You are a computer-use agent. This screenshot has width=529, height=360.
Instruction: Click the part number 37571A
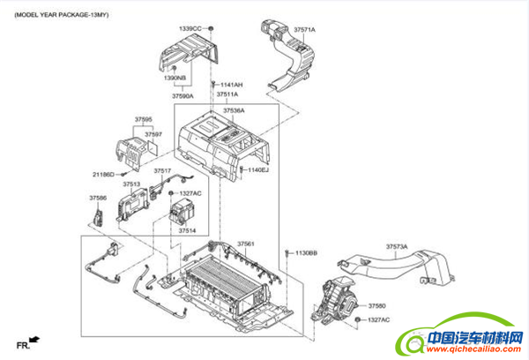tap(304, 31)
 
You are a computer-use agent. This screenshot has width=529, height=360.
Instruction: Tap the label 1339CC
tap(190, 29)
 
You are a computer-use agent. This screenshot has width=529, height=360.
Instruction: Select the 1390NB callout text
tap(175, 78)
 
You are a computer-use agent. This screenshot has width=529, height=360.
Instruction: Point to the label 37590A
tap(183, 95)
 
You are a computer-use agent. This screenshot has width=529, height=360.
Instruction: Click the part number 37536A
tap(234, 110)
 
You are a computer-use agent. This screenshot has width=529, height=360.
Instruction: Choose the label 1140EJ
tap(258, 169)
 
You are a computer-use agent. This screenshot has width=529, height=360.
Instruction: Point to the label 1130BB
tap(306, 253)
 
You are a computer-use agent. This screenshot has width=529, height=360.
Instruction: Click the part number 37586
tap(97, 198)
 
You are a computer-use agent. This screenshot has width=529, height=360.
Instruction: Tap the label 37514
tap(187, 230)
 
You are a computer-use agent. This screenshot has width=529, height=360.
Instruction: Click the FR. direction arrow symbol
tap(34, 339)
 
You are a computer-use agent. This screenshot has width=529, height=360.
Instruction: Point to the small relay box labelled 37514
tap(181, 212)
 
